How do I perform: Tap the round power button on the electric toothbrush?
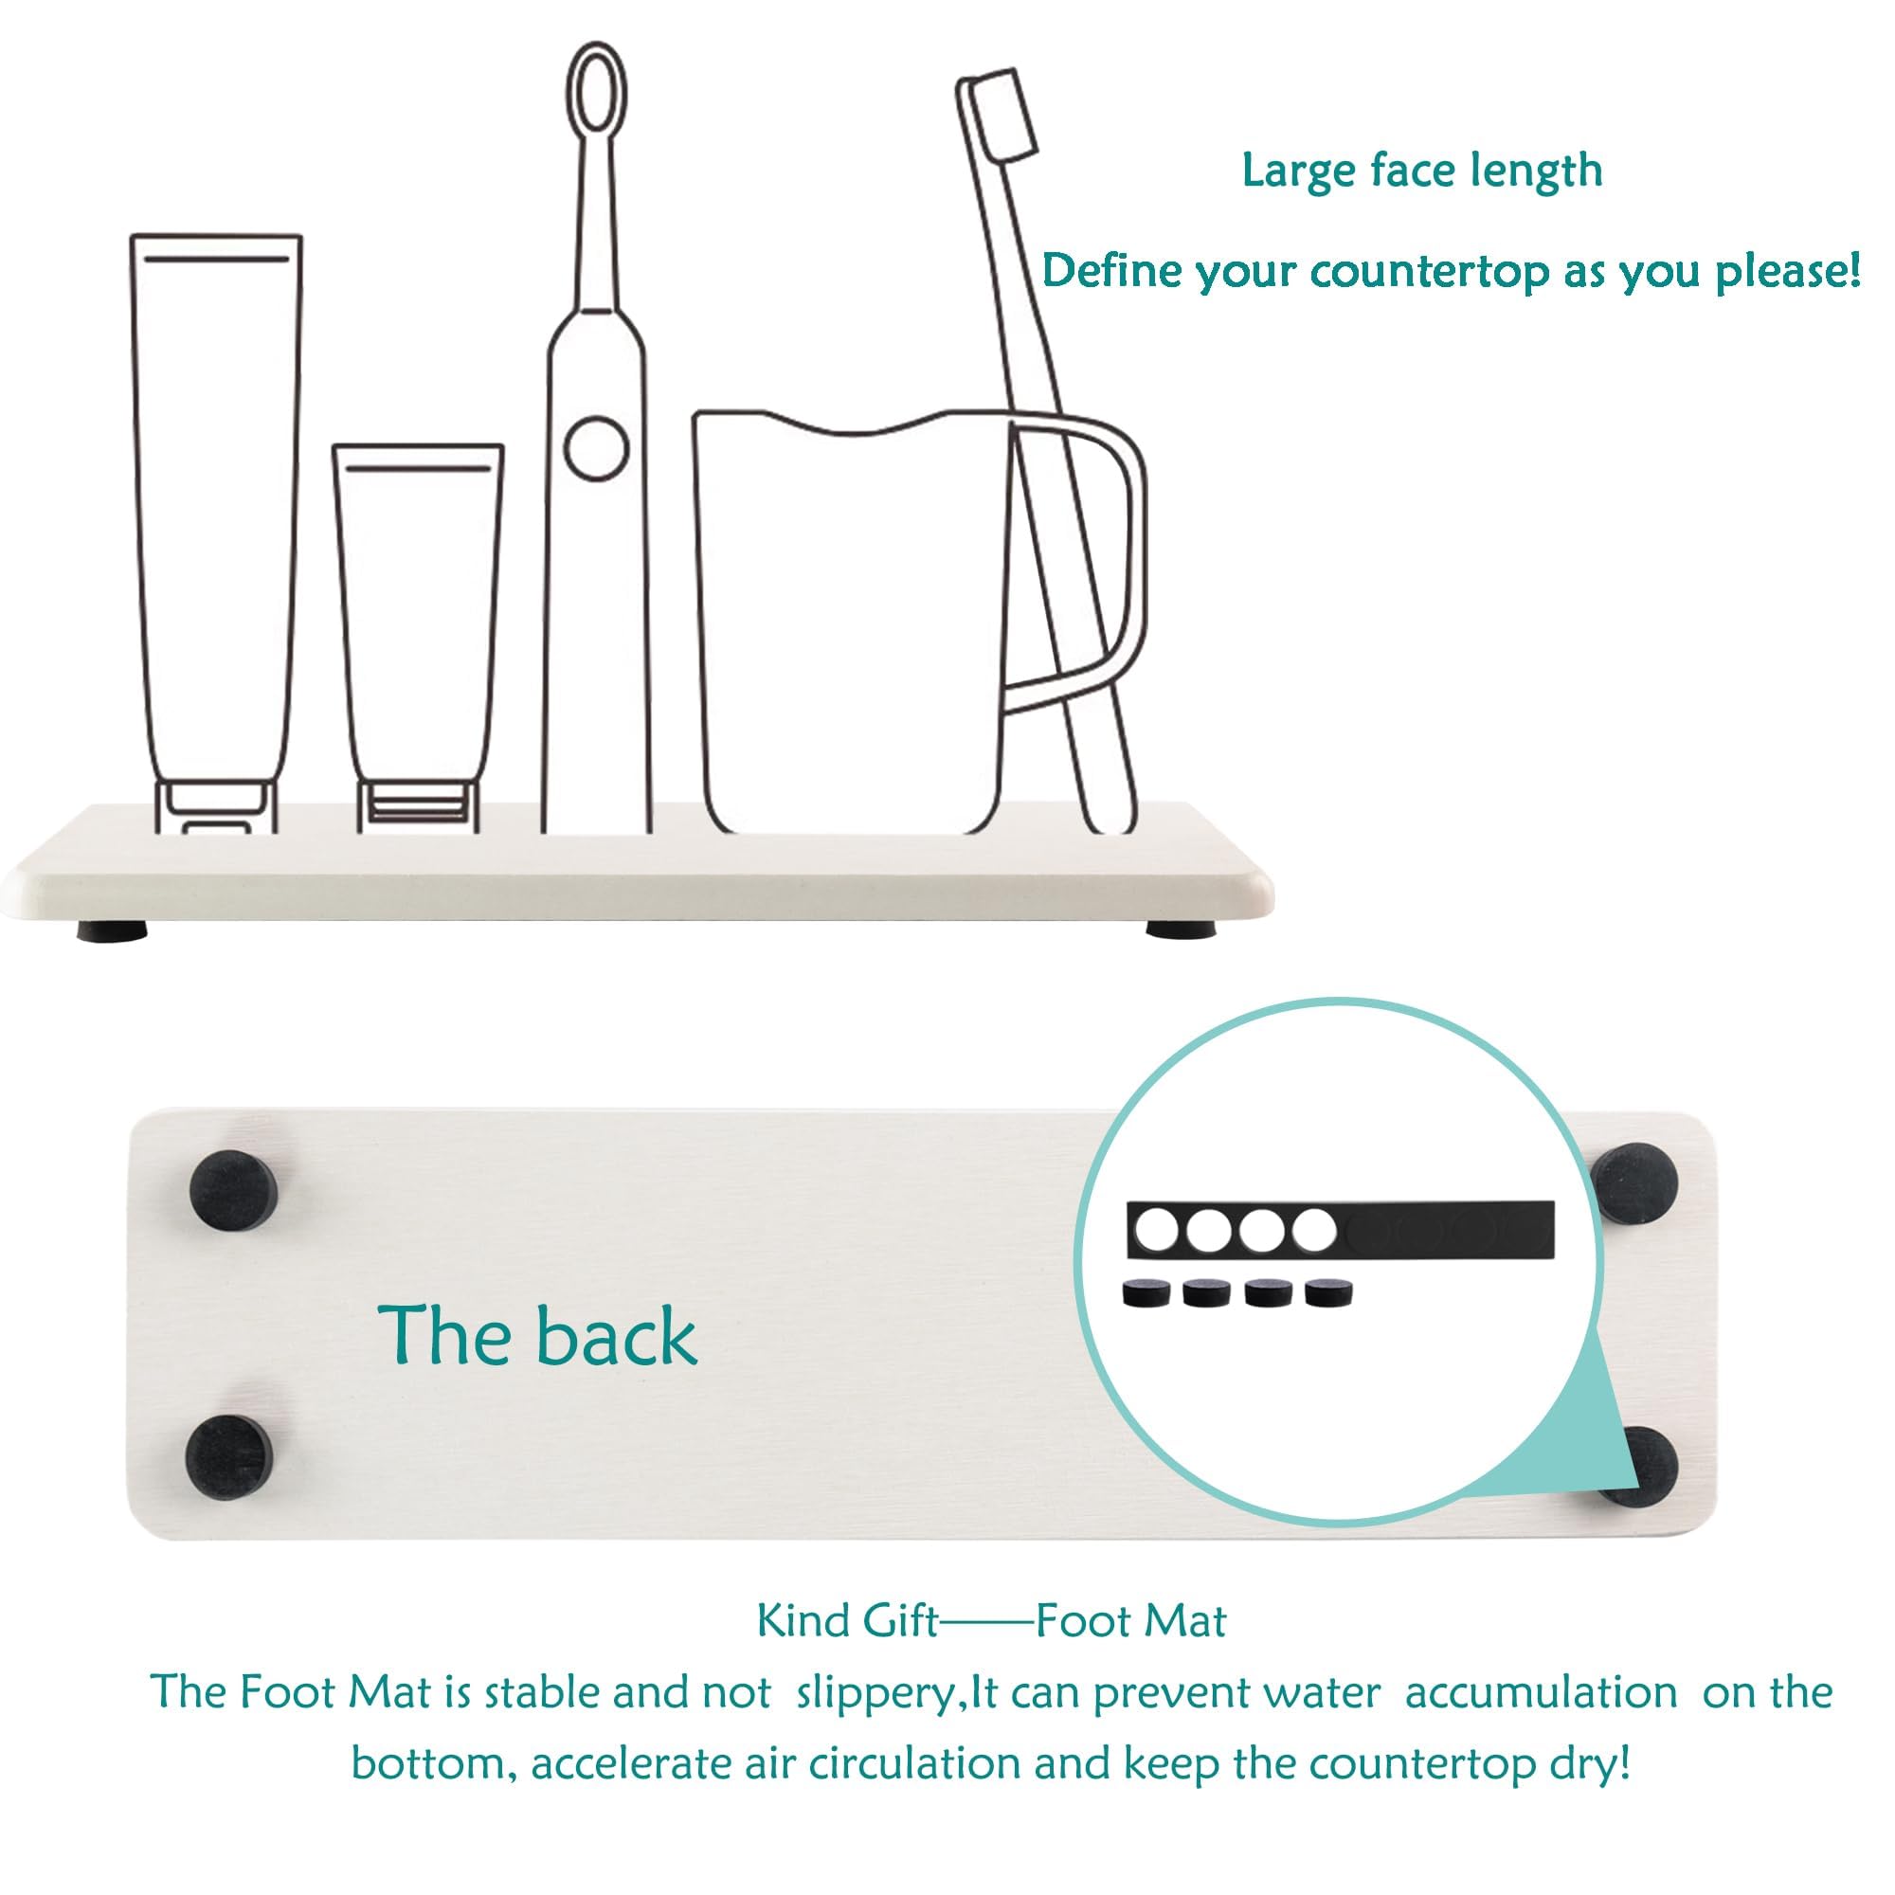point(596,448)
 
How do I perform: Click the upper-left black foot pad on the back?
point(233,1190)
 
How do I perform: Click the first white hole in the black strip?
point(1156,1229)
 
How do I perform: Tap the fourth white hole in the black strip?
point(1314,1229)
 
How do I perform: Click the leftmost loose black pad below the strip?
point(1142,1294)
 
